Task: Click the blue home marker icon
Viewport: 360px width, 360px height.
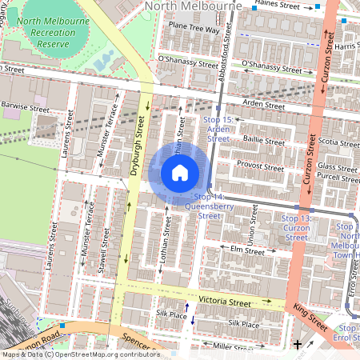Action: (x=180, y=173)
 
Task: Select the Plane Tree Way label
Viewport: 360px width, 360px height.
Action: (x=193, y=29)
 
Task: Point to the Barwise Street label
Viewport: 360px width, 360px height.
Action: (x=26, y=106)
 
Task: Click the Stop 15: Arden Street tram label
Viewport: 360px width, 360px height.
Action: (x=218, y=129)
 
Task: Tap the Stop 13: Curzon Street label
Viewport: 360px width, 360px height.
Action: (x=297, y=227)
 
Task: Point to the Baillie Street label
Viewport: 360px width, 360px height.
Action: (x=263, y=142)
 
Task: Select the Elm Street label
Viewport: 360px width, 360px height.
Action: (x=247, y=250)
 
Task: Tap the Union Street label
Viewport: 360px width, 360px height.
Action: (x=253, y=227)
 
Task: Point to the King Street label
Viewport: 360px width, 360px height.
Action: (x=310, y=318)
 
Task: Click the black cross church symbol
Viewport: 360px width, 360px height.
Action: (x=298, y=344)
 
